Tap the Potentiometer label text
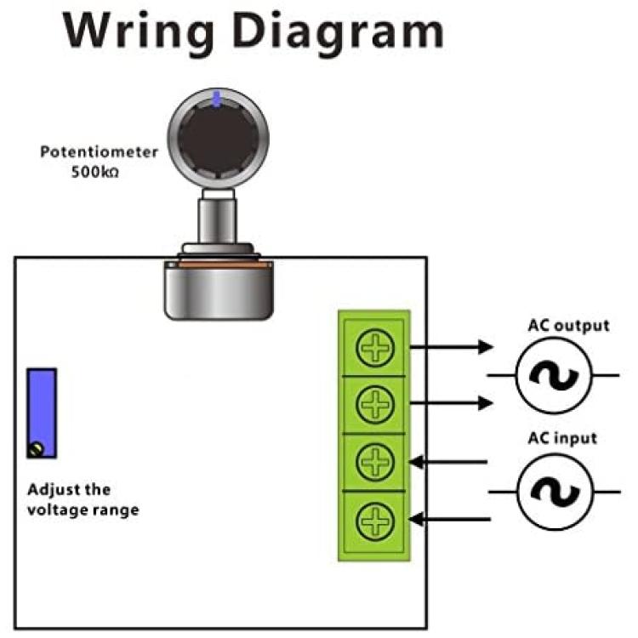pyautogui.click(x=99, y=152)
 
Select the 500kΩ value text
pyautogui.click(x=95, y=172)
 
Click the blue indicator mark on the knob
pyautogui.click(x=217, y=100)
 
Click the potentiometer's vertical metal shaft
pyautogui.click(x=217, y=220)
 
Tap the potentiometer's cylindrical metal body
pyautogui.click(x=219, y=292)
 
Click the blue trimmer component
pyautogui.click(x=42, y=413)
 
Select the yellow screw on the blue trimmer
pyautogui.click(x=37, y=450)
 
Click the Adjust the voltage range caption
pyautogui.click(x=83, y=499)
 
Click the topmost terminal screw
pyautogui.click(x=375, y=347)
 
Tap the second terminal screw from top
pyautogui.click(x=375, y=404)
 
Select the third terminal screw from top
pyautogui.click(x=375, y=461)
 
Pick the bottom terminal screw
pyautogui.click(x=375, y=521)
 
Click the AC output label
pyautogui.click(x=568, y=326)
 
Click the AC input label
pyautogui.click(x=562, y=439)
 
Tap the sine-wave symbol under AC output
pyautogui.click(x=554, y=376)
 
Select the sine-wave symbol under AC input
pyautogui.click(x=555, y=492)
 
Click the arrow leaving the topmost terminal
pyautogui.click(x=451, y=347)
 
